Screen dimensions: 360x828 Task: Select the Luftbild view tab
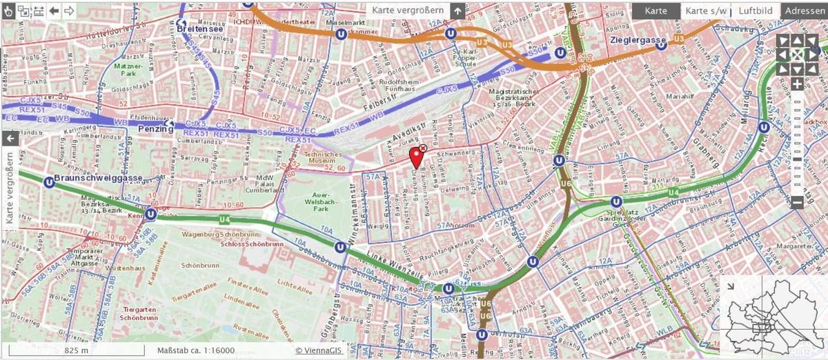[x=755, y=10]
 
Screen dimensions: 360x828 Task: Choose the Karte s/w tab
[x=705, y=10]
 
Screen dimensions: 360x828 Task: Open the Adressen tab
[x=805, y=10]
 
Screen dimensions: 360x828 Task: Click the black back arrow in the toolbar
[x=54, y=10]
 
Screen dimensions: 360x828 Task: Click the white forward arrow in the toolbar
[x=69, y=10]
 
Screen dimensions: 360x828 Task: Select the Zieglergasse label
[x=633, y=40]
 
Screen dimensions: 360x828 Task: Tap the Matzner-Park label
[x=124, y=68]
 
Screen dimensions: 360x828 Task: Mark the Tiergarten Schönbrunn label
[x=140, y=314]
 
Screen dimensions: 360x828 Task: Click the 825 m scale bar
[x=75, y=350]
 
